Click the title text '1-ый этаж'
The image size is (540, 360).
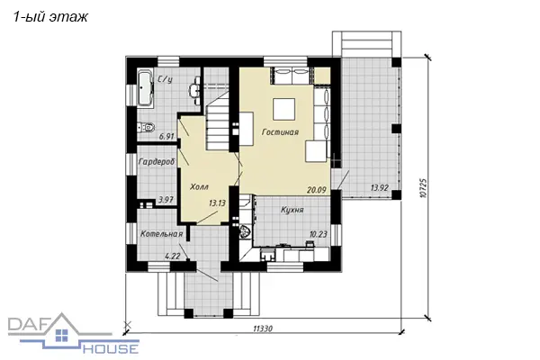pos(50,16)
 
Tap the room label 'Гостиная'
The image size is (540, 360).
pos(280,132)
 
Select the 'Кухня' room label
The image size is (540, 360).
pos(292,210)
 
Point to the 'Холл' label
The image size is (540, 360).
pos(200,187)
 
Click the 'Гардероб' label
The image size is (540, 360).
pos(157,161)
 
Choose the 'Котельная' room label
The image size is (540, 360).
pos(161,234)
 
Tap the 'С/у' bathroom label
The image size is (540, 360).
pos(165,79)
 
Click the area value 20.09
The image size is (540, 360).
pos(316,190)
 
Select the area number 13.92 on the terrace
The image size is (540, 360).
pos(379,188)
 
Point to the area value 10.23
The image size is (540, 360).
pos(319,235)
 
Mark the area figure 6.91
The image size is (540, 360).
pos(166,137)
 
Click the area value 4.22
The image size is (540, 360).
pos(173,256)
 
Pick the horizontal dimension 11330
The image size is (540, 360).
pos(263,329)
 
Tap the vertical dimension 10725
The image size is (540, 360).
pos(424,188)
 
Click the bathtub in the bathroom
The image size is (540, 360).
pos(145,87)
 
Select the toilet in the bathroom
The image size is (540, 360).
pos(146,128)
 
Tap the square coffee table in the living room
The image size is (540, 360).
pos(284,109)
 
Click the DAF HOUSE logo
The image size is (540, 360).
pos(74,335)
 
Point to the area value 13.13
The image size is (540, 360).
pos(217,203)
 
